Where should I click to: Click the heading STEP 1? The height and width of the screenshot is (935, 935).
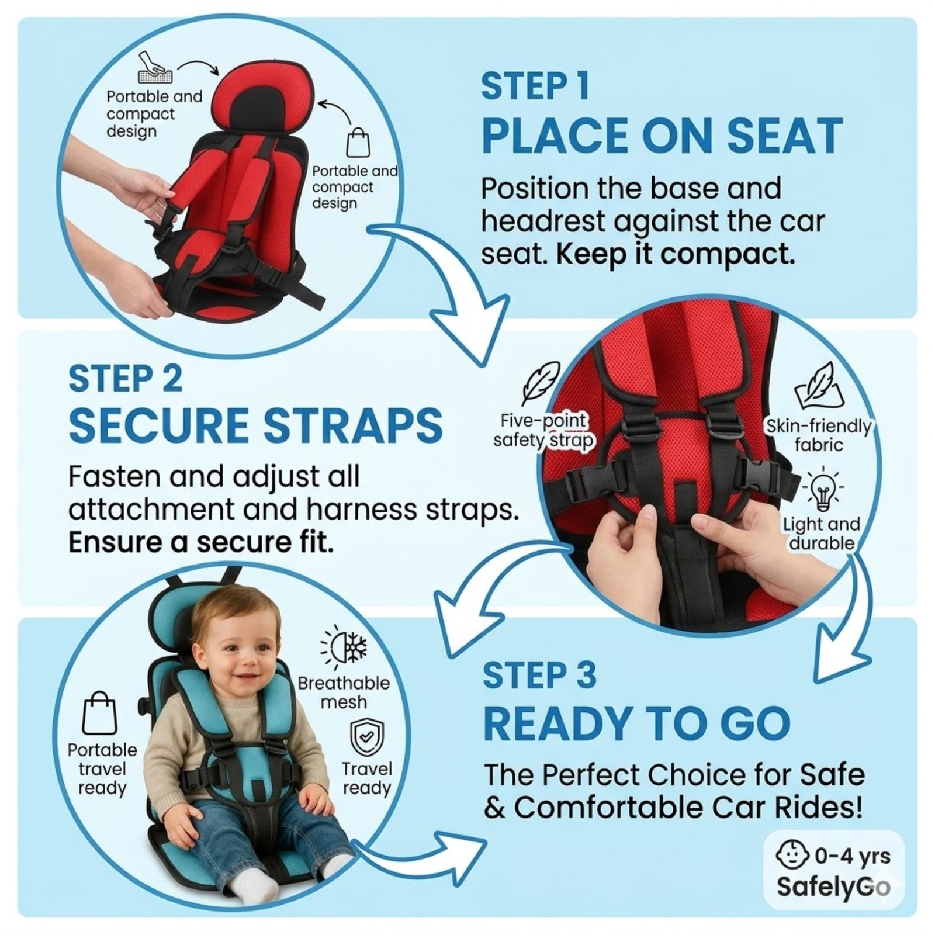(535, 86)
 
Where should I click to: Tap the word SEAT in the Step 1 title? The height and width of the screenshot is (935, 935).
(782, 136)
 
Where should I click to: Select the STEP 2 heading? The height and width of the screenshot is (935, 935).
(125, 378)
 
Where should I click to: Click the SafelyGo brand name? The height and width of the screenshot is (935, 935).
(833, 886)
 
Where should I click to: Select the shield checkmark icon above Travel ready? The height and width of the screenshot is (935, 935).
(367, 738)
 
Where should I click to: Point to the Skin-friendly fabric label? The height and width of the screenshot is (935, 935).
(819, 435)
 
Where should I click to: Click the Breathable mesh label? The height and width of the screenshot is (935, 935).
(344, 692)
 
